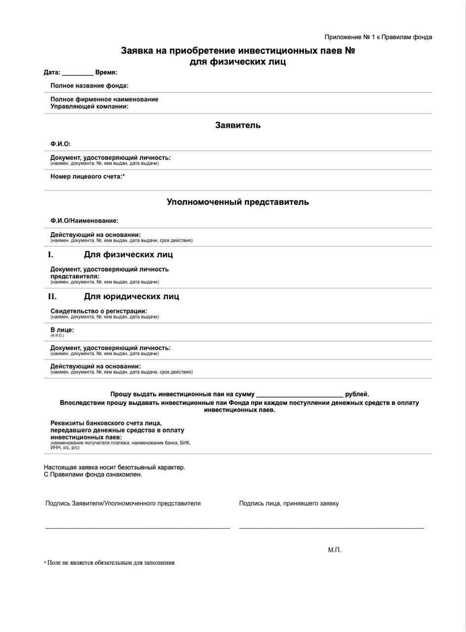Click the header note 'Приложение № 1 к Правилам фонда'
378,37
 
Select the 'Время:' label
106,73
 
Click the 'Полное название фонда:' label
89,86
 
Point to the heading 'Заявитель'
237,125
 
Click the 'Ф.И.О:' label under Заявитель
61,144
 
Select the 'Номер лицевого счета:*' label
87,176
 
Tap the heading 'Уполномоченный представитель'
237,202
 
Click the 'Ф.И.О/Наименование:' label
84,221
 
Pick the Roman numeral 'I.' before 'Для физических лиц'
50,255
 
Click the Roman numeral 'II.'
52,296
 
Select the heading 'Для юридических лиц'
131,296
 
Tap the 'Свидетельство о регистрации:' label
99,311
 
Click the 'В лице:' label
62,330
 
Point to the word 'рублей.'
357,394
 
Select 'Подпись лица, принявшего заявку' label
289,504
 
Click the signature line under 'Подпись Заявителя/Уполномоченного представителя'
137,528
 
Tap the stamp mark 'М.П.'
334,550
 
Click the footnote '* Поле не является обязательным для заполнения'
109,562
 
